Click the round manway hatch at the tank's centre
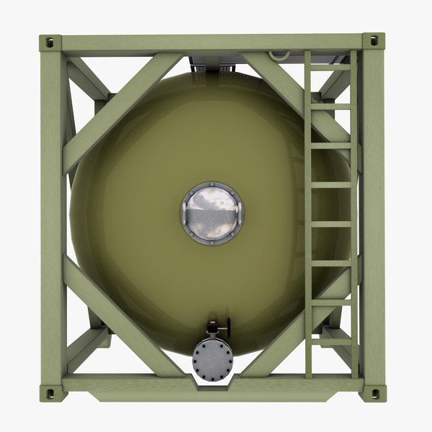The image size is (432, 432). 212,213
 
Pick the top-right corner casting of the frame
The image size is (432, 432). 373,42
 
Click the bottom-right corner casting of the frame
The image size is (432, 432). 373,392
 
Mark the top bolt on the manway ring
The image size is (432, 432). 212,184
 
